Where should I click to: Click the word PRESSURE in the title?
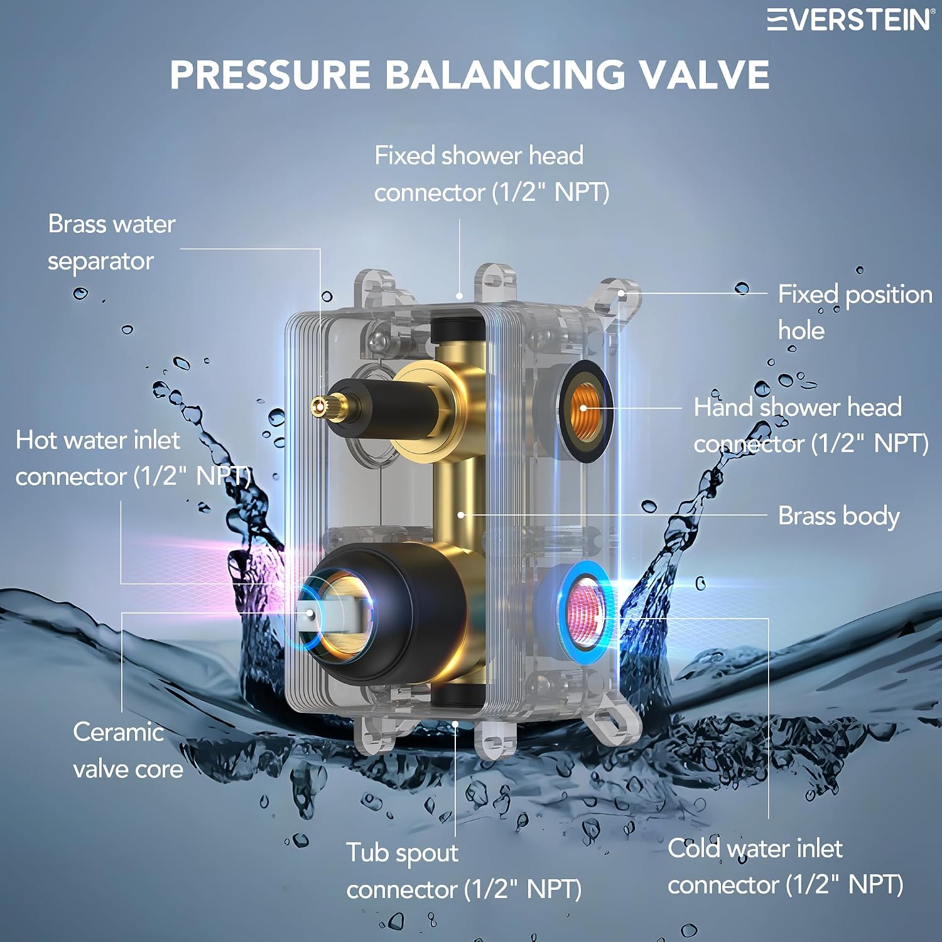pos(271,75)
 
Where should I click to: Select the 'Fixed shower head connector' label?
pos(492,174)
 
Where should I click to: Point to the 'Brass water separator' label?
pos(112,242)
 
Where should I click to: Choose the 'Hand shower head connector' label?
pos(811,425)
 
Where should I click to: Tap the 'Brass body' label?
pos(839,516)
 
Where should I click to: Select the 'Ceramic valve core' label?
pos(128,750)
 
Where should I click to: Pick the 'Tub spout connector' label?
pos(464,871)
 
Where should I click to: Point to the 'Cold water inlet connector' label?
pos(786,867)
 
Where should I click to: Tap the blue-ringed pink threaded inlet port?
pos(585,613)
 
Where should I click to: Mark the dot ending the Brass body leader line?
pos(461,515)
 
